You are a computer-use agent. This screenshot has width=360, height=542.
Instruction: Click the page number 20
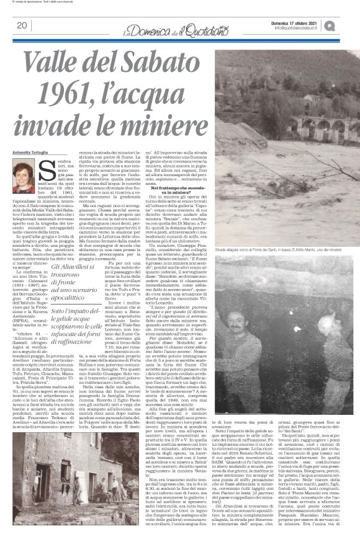pos(21,25)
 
